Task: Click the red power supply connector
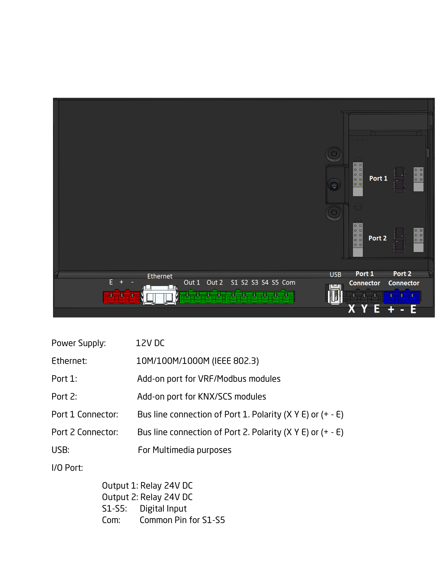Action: [121, 297]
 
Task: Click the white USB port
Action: [335, 294]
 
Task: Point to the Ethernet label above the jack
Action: [160, 276]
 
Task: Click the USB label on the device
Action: [335, 275]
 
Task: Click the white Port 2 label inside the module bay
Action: [377, 238]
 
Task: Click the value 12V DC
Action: [150, 343]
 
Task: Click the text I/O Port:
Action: [67, 468]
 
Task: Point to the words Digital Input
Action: [163, 508]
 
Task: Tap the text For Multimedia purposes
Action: [185, 450]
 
